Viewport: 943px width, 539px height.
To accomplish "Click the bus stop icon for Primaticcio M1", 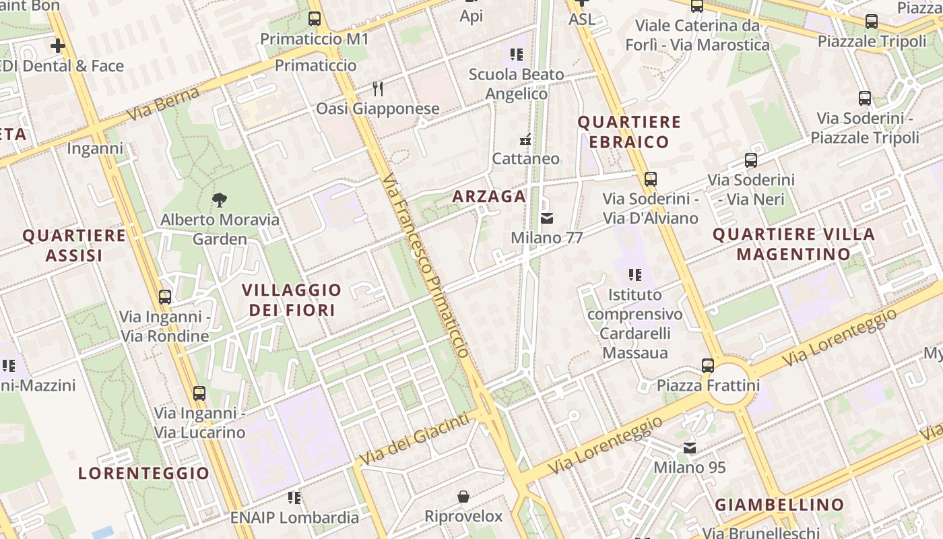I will (x=315, y=19).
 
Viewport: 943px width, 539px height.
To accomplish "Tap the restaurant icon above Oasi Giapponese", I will (x=378, y=88).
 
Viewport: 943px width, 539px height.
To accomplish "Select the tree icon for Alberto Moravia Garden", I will (x=219, y=199).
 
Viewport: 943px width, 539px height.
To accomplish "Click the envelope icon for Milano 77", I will (x=547, y=218).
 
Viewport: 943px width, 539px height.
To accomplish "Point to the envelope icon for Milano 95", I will (x=690, y=448).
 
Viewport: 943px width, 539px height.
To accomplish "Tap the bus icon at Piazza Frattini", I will (x=708, y=366).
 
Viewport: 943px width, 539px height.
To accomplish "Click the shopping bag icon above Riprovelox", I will (x=463, y=497).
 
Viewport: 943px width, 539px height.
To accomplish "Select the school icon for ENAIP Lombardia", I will (x=294, y=498).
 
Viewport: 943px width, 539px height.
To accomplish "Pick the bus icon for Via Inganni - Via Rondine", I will (x=165, y=296).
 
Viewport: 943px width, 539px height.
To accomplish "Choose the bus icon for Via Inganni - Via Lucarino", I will (x=199, y=393).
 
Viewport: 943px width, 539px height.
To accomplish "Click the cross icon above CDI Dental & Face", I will (x=58, y=46).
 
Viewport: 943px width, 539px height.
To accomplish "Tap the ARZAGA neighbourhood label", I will (x=489, y=196).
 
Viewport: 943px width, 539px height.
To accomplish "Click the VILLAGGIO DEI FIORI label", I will (x=292, y=300).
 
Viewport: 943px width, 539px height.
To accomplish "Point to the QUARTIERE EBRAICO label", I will (x=629, y=131).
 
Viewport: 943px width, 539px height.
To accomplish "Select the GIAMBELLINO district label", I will (x=779, y=505).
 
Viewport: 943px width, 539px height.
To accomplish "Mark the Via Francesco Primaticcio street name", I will (x=424, y=266).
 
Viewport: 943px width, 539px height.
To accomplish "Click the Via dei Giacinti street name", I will (x=414, y=439).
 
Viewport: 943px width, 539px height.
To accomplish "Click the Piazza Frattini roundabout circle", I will (x=730, y=385).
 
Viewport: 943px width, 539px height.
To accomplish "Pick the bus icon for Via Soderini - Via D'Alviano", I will (x=650, y=179).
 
